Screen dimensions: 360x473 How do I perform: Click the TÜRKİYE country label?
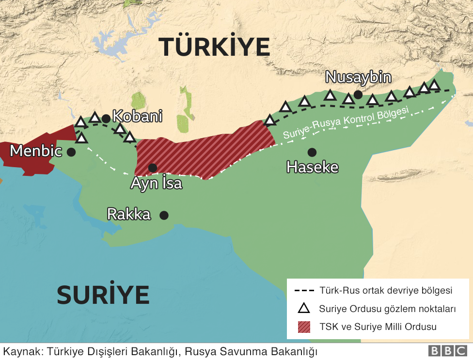click(214, 47)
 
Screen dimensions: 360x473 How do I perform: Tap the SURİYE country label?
click(103, 294)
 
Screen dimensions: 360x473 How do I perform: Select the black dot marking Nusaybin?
click(358, 94)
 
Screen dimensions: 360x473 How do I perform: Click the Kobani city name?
click(137, 116)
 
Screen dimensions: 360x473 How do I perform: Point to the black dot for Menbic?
click(71, 152)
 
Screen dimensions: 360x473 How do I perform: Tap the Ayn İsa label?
click(157, 184)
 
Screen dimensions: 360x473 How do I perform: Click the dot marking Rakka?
click(164, 215)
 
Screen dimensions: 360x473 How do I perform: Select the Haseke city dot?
click(312, 152)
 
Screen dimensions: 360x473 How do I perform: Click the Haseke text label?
click(312, 167)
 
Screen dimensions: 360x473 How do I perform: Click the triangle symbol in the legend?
click(304, 309)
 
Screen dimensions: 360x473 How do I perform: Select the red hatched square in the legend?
click(304, 327)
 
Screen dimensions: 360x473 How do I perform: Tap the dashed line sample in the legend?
click(304, 291)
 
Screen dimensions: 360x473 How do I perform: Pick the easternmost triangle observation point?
click(434, 85)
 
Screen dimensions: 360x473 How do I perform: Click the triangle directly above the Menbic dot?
click(81, 139)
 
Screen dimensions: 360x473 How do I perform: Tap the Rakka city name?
click(129, 214)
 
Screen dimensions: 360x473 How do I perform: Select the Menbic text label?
click(36, 151)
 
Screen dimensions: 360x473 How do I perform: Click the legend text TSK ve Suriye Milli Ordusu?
click(378, 327)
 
